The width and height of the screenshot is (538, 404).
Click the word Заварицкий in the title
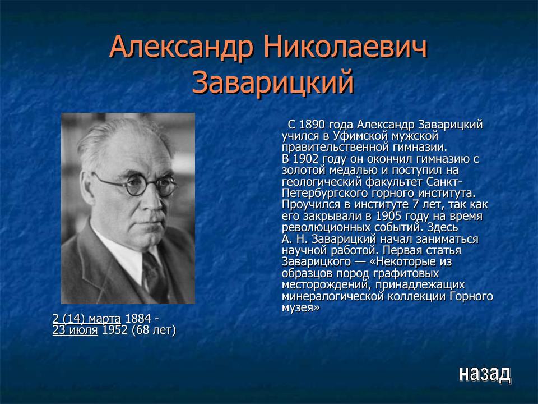pos(273,82)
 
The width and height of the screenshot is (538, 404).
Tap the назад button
pos(484,373)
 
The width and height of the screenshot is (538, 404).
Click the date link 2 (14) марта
pos(87,319)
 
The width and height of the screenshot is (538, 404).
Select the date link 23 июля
pos(75,330)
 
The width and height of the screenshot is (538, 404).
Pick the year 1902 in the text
pos(307,159)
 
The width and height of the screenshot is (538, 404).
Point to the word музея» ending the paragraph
pos(300,307)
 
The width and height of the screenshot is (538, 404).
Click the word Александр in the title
pos(180,49)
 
